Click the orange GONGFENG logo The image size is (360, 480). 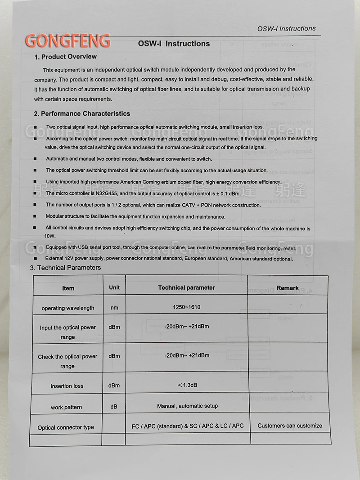tap(67, 40)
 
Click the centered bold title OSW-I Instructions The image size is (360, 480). tap(174, 44)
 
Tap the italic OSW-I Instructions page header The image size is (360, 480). tap(286, 29)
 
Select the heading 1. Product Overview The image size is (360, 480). tap(66, 57)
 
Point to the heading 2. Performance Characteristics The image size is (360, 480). tap(82, 114)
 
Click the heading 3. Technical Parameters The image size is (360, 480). tap(65, 268)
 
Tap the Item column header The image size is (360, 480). tap(68, 288)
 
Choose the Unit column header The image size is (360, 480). tap(114, 287)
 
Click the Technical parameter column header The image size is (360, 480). tap(186, 287)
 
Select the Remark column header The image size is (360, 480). tap(288, 288)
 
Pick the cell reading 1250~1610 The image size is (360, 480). tap(186, 307)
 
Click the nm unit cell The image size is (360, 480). tap(114, 308)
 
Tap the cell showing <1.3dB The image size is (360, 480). tap(187, 385)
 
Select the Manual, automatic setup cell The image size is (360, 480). tap(187, 406)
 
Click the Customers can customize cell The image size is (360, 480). tap(290, 426)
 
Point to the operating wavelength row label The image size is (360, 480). tap(68, 308)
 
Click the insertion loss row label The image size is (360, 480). tap(67, 386)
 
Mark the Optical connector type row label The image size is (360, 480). tap(66, 427)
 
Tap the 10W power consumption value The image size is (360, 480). tap(49, 236)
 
